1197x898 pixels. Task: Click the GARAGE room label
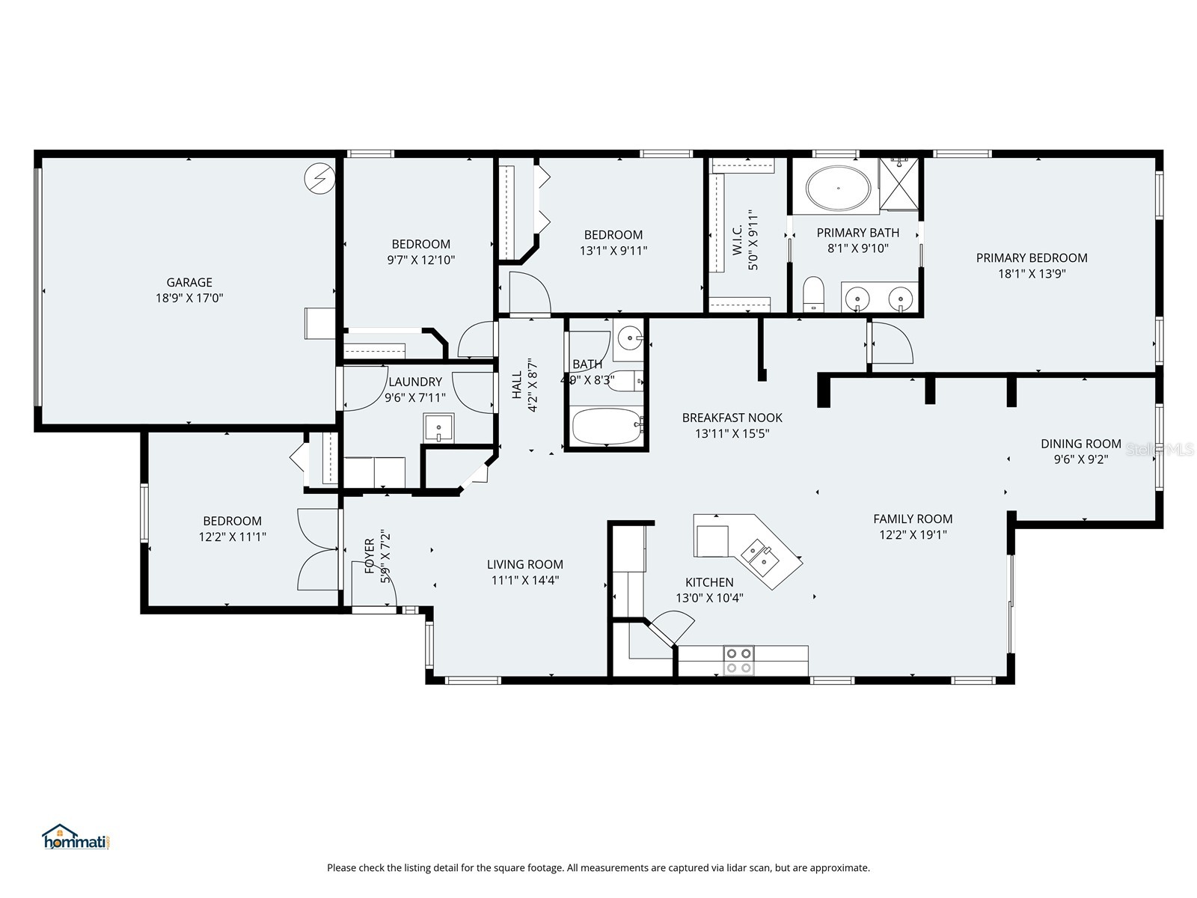[x=189, y=282]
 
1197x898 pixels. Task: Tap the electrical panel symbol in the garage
[x=319, y=179]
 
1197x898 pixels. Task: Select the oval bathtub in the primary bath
[x=838, y=187]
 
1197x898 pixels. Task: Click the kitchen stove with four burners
[x=738, y=660]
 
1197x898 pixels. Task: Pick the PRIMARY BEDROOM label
[x=1032, y=257]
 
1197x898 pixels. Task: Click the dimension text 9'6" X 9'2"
[x=1080, y=459]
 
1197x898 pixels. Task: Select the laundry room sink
[x=438, y=428]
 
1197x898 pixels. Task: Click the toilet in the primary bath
[x=813, y=293]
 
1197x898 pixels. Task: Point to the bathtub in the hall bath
[x=607, y=427]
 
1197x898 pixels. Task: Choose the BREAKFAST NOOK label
[x=732, y=418]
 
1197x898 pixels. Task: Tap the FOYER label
[x=370, y=556]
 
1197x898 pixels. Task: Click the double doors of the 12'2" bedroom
[x=319, y=549]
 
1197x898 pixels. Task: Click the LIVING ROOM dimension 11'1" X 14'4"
[x=525, y=580]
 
